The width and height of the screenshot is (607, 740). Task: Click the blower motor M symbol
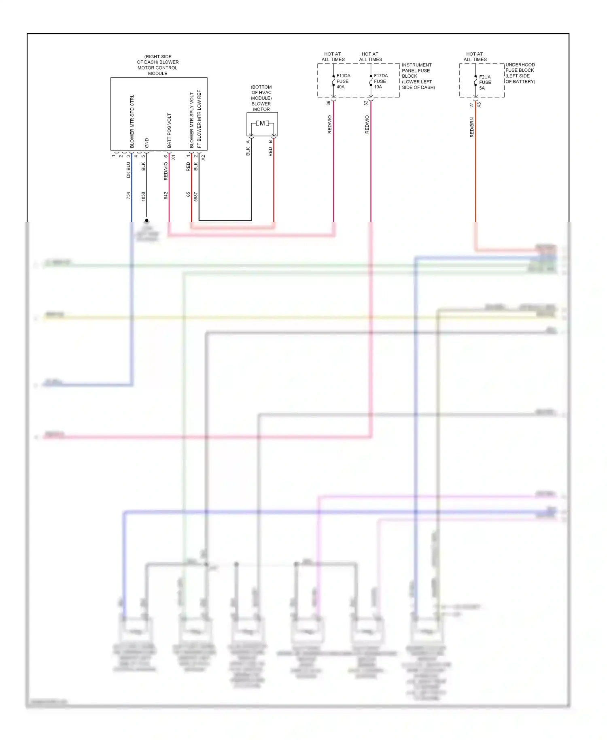pyautogui.click(x=262, y=123)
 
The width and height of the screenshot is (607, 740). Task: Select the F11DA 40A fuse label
pyautogui.click(x=343, y=81)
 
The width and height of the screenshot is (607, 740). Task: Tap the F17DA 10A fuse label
pyautogui.click(x=380, y=81)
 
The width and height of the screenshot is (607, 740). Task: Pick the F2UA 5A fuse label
pyautogui.click(x=485, y=83)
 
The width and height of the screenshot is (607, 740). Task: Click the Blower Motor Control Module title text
pyautogui.click(x=158, y=65)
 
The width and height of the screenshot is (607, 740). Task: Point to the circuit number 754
pyautogui.click(x=128, y=196)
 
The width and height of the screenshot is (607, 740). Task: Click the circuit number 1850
pyautogui.click(x=143, y=196)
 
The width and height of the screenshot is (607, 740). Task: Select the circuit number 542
pyautogui.click(x=166, y=196)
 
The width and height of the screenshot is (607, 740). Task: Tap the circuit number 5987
pyautogui.click(x=196, y=197)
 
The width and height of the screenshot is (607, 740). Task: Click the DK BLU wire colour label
pyautogui.click(x=128, y=170)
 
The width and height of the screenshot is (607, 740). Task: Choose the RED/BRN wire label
pyautogui.click(x=472, y=128)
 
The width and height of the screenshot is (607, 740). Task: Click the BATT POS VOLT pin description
pyautogui.click(x=169, y=130)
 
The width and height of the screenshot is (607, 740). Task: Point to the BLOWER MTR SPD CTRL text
pyautogui.click(x=132, y=121)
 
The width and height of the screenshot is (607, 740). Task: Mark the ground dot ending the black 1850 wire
pyautogui.click(x=146, y=221)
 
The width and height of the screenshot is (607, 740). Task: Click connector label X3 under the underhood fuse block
pyautogui.click(x=479, y=104)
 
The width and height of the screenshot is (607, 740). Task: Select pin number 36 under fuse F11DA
pyautogui.click(x=329, y=103)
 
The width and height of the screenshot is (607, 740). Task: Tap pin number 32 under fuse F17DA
pyautogui.click(x=366, y=103)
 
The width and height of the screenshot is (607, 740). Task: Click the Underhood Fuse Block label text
pyautogui.click(x=520, y=73)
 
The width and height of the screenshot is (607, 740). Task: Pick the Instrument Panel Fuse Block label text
pyautogui.click(x=418, y=76)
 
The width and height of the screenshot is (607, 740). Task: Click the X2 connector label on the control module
pyautogui.click(x=204, y=157)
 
